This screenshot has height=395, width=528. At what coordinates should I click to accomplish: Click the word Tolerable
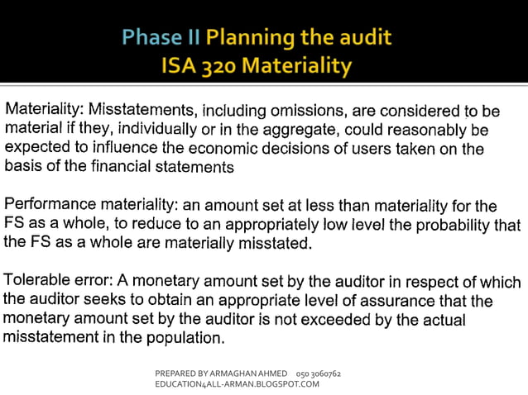click(x=39, y=281)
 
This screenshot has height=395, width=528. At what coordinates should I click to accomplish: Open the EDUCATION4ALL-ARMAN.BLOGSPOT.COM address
click(x=237, y=384)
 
